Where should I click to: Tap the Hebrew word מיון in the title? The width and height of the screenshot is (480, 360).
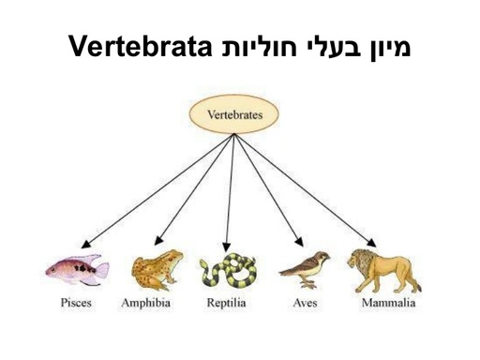point(386,45)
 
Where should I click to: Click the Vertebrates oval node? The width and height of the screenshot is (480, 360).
point(233,118)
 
